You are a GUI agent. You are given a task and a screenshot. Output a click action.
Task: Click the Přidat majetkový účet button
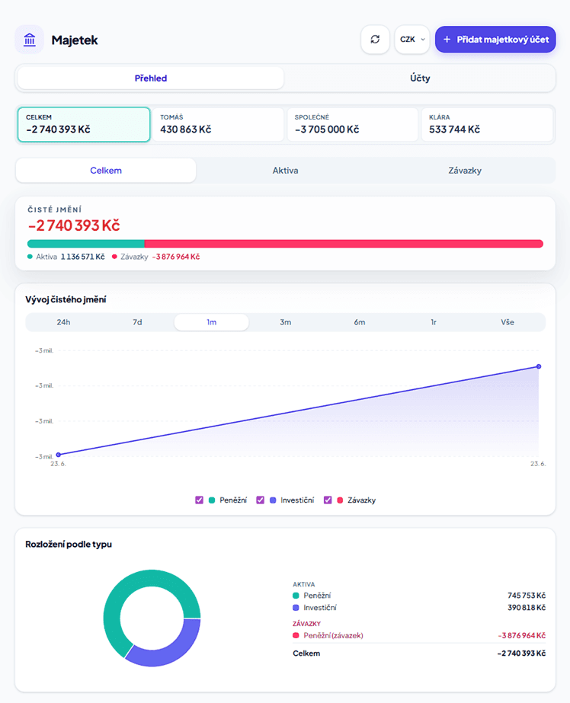[495, 40]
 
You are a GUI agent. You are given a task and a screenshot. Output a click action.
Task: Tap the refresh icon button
[375, 40]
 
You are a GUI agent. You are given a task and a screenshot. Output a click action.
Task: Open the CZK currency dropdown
[412, 40]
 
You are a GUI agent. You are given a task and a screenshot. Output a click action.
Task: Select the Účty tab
[420, 78]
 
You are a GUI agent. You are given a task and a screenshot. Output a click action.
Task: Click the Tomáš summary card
[218, 124]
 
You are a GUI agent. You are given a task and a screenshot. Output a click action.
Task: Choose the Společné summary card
[353, 124]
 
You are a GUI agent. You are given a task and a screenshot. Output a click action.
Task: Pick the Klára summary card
[487, 124]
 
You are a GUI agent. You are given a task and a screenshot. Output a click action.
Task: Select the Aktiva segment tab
[285, 171]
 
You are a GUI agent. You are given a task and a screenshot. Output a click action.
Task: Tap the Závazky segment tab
[465, 171]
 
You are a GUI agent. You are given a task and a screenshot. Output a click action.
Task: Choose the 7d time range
[137, 322]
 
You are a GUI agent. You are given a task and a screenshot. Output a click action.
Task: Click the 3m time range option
[285, 322]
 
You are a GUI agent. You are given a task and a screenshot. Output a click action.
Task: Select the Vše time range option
[508, 322]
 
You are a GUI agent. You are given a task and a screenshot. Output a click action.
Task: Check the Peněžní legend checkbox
[199, 500]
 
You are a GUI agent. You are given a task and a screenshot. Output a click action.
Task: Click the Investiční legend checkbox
[260, 500]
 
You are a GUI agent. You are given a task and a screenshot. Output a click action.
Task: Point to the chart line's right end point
[539, 367]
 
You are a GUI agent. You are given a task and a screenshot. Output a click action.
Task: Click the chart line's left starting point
[59, 455]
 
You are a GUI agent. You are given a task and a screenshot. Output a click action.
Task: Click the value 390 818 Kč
[527, 608]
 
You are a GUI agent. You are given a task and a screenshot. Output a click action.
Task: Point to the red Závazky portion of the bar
[344, 244]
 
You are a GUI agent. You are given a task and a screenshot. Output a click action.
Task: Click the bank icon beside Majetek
[30, 40]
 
